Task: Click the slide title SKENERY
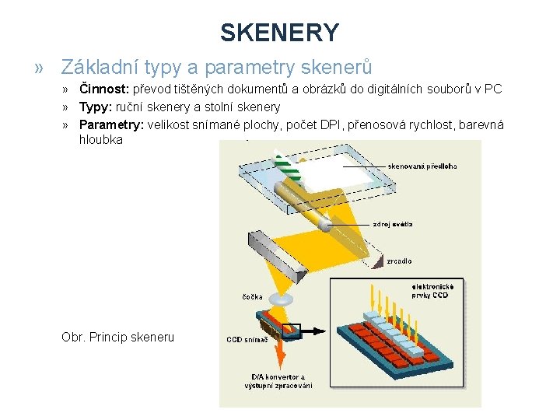coord(279,33)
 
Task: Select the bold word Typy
coord(96,107)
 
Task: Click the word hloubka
coord(100,141)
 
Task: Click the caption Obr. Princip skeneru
coord(117,337)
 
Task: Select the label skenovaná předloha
coord(422,166)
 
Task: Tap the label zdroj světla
coord(393,224)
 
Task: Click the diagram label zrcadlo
coord(400,261)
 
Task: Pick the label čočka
coord(252,297)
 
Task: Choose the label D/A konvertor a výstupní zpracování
coord(278,381)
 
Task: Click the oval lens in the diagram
coord(283,298)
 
